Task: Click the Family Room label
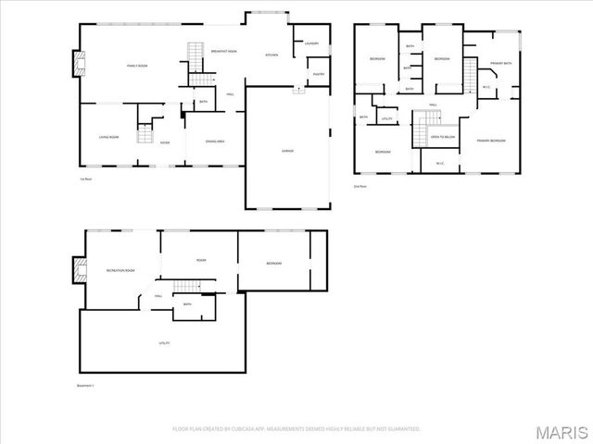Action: tap(138, 65)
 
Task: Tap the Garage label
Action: tap(288, 150)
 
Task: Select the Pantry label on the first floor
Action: tap(318, 74)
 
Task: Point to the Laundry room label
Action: tap(311, 43)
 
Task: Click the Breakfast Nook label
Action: tap(224, 51)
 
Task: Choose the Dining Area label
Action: tap(215, 141)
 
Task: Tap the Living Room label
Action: tap(109, 137)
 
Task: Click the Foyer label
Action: tap(165, 142)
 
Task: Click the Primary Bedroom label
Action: tap(491, 140)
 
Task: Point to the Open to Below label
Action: tap(443, 137)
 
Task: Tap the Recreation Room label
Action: tap(120, 270)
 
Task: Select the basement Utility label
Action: tap(163, 342)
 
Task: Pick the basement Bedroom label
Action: tap(273, 264)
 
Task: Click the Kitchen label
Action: tap(272, 55)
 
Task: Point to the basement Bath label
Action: tap(187, 304)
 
